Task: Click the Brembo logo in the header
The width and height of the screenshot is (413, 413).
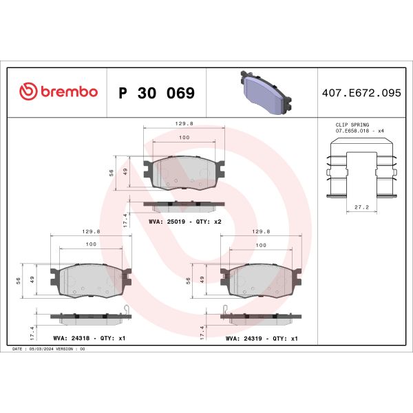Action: coord(58,92)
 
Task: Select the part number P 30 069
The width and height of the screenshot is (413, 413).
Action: coord(156,93)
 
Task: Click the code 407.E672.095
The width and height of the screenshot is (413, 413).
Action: coord(360,93)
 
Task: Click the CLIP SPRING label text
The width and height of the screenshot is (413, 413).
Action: coord(351,125)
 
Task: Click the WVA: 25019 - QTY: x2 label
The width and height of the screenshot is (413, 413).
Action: coord(184,222)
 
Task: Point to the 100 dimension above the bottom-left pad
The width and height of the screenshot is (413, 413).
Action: coord(90,245)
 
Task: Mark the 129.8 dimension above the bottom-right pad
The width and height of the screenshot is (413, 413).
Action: coord(261,233)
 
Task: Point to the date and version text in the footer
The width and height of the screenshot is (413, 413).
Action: coord(49,350)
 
